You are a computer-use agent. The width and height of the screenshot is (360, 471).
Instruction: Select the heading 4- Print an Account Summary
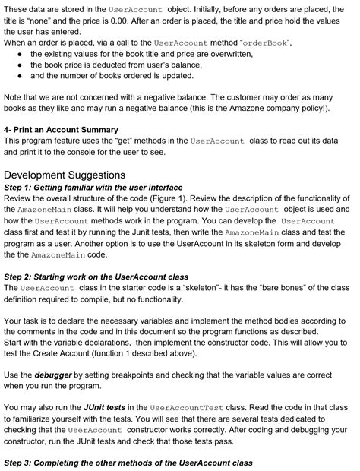(x=62, y=130)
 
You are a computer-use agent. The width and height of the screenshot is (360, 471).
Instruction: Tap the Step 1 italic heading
(x=93, y=187)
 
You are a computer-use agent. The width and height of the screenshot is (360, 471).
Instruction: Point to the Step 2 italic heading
(x=96, y=277)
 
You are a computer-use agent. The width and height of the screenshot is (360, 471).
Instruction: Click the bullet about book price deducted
(x=126, y=66)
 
